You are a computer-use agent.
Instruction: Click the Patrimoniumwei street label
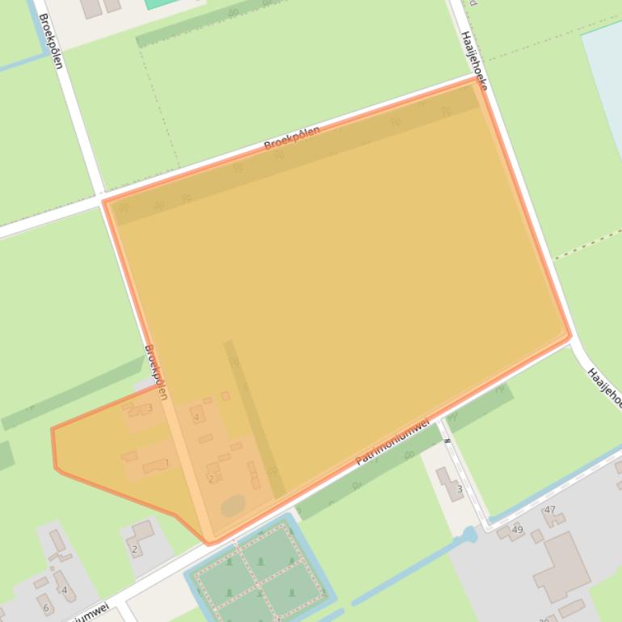click(x=393, y=442)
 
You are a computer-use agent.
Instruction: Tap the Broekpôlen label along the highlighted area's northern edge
click(x=292, y=138)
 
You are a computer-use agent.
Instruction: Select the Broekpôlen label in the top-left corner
click(x=50, y=40)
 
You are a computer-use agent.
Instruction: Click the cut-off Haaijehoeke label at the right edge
click(x=604, y=387)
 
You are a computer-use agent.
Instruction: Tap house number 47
click(x=550, y=510)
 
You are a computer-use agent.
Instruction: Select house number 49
click(x=518, y=530)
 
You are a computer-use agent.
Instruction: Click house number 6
click(x=45, y=608)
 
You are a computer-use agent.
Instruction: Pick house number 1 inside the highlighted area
click(x=167, y=464)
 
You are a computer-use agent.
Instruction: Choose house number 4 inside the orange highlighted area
click(x=196, y=418)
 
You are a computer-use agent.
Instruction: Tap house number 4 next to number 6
click(x=65, y=590)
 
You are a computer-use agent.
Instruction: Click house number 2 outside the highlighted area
click(x=134, y=549)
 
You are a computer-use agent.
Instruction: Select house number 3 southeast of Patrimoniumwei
click(x=460, y=489)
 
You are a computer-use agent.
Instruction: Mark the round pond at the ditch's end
click(x=469, y=535)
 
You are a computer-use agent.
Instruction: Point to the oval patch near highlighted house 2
click(x=233, y=506)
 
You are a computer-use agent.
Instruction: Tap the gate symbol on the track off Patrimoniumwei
click(x=446, y=441)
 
